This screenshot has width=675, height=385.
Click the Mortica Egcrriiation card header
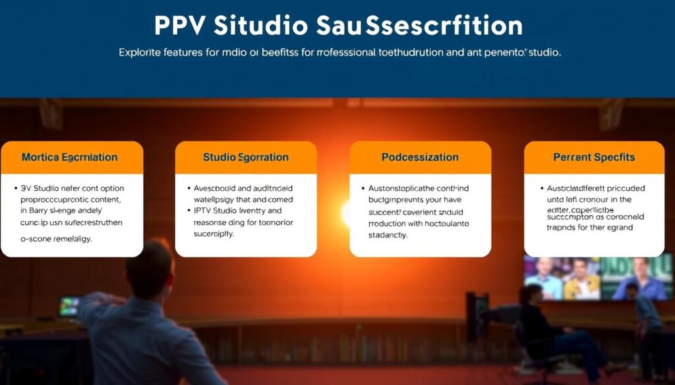72,158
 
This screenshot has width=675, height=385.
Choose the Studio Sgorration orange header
246,158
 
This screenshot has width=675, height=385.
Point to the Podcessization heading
420,158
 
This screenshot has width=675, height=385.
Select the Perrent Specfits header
594,158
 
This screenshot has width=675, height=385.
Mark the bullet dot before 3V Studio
16,188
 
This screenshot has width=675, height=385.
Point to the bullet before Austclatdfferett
541,188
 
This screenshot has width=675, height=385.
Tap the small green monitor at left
68,305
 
